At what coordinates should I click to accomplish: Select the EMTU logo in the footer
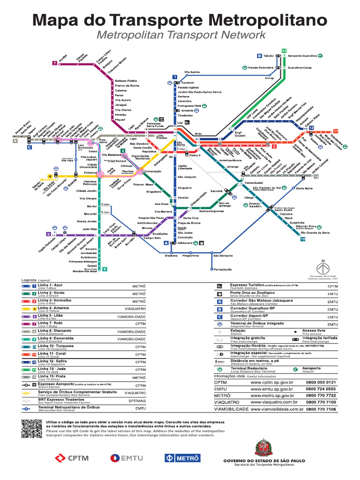(x=127, y=458)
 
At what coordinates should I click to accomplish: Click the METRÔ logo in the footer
(x=182, y=458)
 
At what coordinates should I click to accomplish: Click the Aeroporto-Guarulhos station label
(x=303, y=55)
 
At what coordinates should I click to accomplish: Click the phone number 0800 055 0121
(x=321, y=382)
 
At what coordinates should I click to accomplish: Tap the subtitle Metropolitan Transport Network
(x=180, y=35)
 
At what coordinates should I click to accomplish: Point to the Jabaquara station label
(x=186, y=243)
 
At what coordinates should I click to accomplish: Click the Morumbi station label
(x=90, y=214)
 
